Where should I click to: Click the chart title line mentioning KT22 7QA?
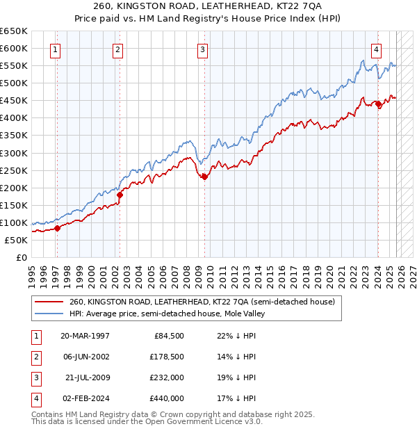tap(208, 7)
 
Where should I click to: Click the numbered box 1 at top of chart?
tap(55, 49)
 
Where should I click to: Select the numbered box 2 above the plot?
tap(118, 49)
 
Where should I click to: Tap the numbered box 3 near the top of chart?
tap(202, 49)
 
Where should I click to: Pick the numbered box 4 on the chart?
tap(376, 49)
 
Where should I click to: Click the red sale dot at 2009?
tap(205, 177)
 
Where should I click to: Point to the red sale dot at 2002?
tap(120, 195)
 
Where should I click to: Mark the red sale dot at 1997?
tap(57, 228)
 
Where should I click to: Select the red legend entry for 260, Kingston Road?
tap(202, 302)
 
